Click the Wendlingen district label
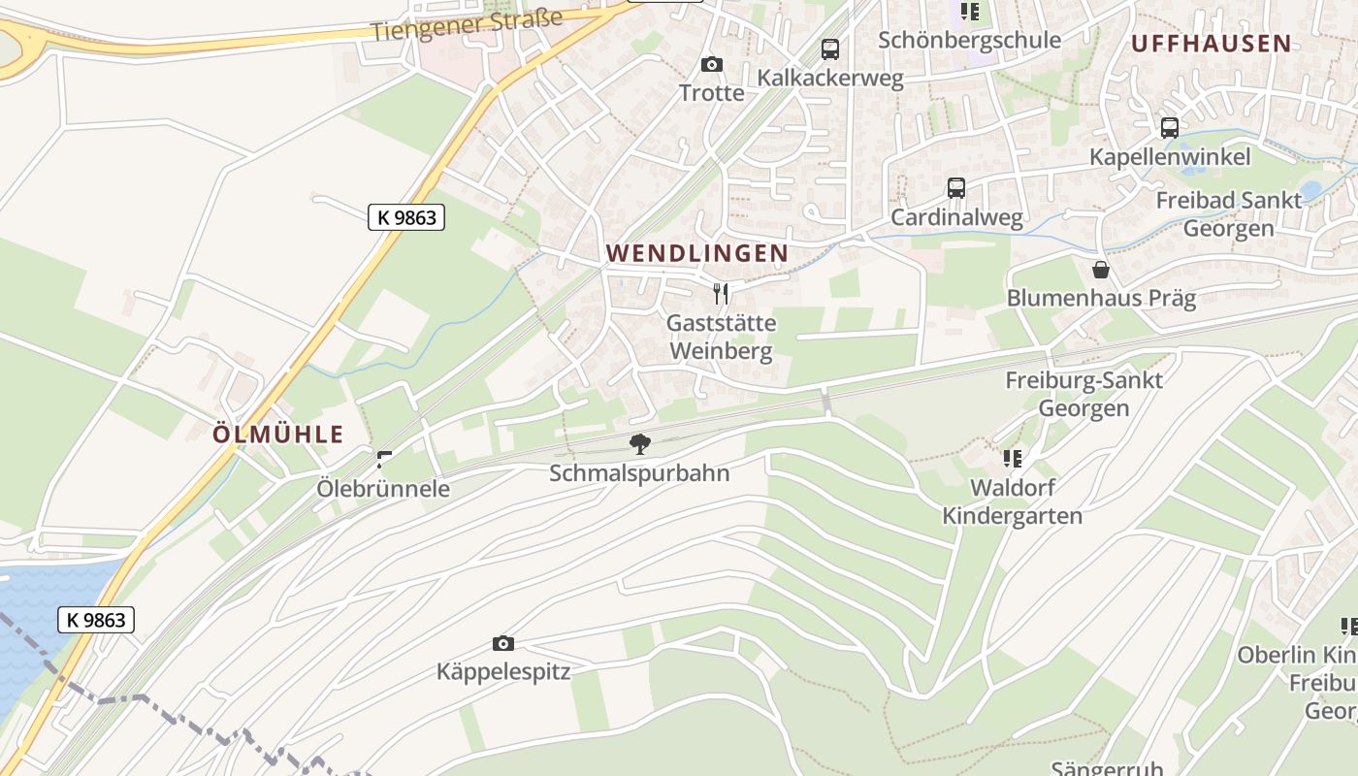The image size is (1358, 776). pos(696,253)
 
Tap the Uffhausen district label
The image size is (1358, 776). pos(1211,43)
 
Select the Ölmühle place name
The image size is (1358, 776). pos(278,434)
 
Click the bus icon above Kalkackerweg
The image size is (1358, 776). pos(829,49)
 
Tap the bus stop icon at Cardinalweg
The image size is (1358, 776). pos(956,188)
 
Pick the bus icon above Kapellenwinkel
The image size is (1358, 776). pos(1170,128)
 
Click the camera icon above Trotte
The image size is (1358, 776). pos(712,65)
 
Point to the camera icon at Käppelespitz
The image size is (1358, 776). pos(502,643)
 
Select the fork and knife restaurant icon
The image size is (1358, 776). pos(721,293)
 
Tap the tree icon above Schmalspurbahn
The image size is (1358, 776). pos(639,444)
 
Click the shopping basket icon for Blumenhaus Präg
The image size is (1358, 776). pos(1101,269)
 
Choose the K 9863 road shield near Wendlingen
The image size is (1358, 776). pos(406,217)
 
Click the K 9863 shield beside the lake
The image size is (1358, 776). pos(96,619)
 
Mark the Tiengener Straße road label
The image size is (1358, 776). pos(467,25)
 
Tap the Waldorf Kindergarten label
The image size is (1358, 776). pos(1013,501)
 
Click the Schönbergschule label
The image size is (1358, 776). pos(969,40)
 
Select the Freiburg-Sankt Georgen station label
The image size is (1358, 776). pos(1083,394)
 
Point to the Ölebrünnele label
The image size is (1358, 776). pos(383,488)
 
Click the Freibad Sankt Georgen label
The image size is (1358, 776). pos(1228,213)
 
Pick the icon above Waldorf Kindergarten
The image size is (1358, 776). pos(1013,458)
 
